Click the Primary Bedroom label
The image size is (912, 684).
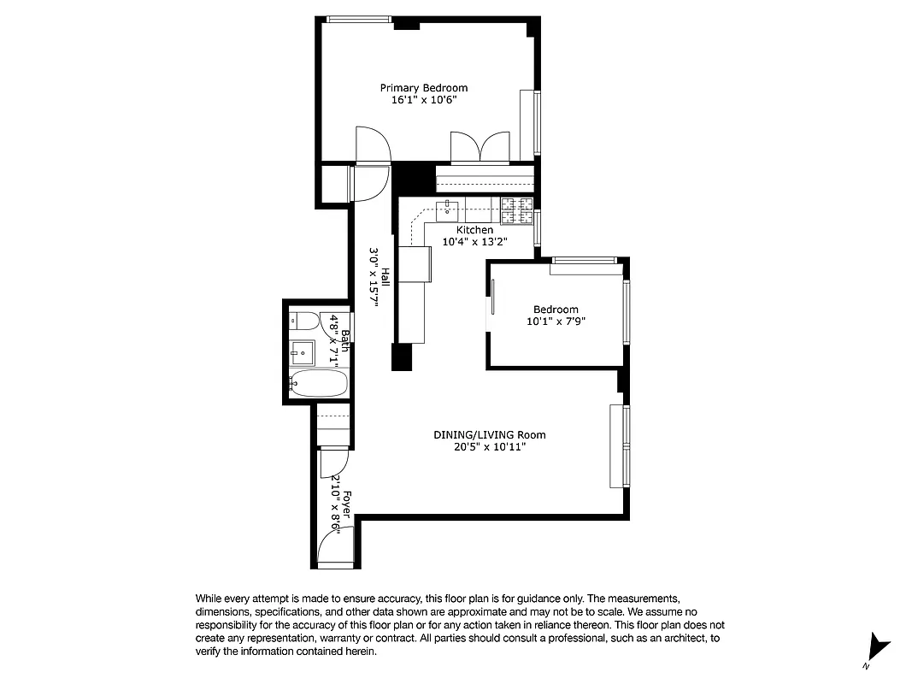(424, 88)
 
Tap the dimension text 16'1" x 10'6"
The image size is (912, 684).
(424, 100)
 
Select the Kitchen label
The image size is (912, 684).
(474, 230)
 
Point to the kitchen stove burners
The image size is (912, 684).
(517, 206)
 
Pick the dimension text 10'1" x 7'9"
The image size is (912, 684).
(556, 321)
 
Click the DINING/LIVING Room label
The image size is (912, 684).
(489, 435)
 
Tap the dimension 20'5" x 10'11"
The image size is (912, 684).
(489, 447)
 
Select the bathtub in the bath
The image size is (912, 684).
(319, 383)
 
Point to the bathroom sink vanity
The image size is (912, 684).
(301, 351)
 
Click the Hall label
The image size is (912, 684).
(385, 277)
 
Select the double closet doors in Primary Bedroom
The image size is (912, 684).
(480, 147)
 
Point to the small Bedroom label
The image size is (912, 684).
(556, 310)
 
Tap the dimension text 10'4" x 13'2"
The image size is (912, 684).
(474, 242)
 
